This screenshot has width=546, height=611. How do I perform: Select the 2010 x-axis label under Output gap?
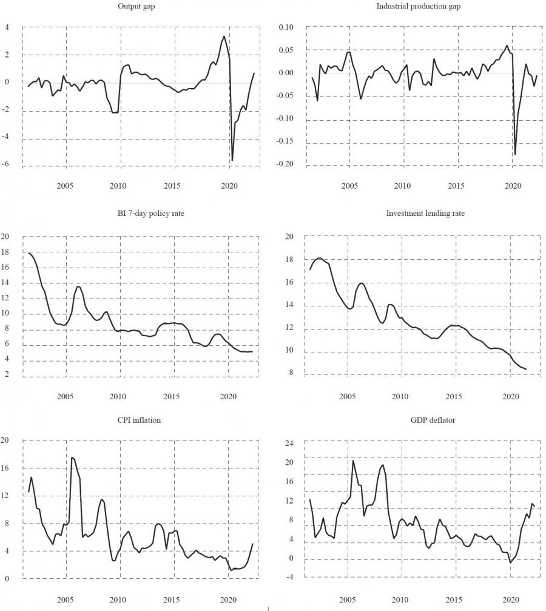[118, 185]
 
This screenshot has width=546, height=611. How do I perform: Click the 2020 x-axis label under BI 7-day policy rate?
[228, 397]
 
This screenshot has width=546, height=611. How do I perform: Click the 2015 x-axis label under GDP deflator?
[456, 599]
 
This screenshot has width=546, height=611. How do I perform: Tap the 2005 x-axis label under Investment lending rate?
[347, 397]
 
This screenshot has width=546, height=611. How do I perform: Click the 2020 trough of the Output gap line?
[232, 160]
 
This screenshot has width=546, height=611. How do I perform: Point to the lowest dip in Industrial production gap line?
[515, 155]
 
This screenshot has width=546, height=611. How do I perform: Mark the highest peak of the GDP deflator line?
[353, 461]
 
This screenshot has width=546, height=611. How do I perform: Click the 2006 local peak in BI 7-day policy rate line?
[78, 286]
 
